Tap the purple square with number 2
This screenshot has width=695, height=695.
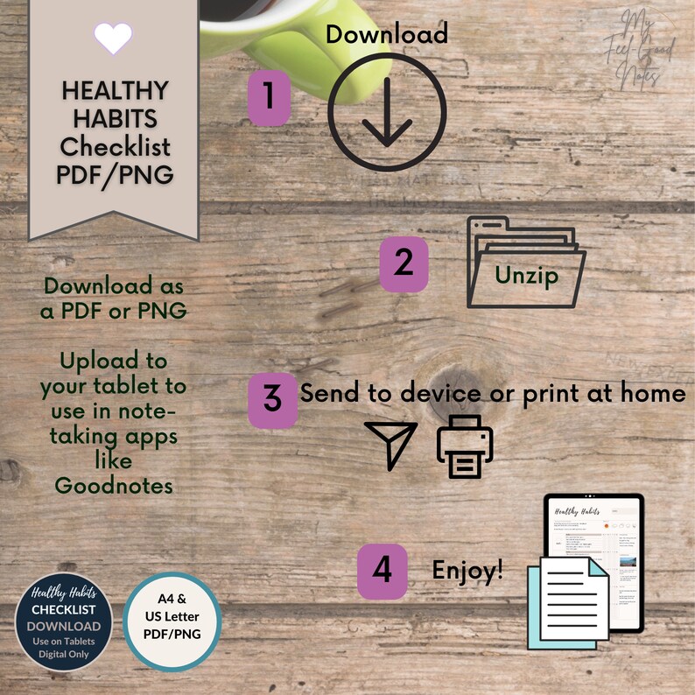404,263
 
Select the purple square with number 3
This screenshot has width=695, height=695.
273,398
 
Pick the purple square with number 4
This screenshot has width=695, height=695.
383,571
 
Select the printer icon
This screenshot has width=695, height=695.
465,446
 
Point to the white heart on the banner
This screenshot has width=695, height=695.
113,38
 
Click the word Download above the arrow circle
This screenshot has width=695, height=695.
387,34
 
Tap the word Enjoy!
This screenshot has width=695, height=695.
468,571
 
